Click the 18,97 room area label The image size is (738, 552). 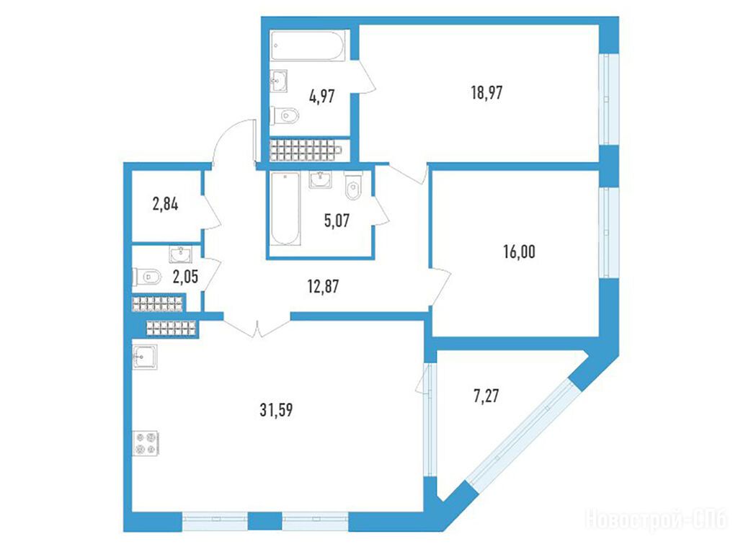coord(486,93)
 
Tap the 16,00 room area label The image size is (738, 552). coord(519,252)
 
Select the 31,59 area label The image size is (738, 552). coord(276,410)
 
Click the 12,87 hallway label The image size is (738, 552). coord(323,286)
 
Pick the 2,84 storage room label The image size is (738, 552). coord(165,205)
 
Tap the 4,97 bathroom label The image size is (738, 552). coord(322,97)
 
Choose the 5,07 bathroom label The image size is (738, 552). coord(337,221)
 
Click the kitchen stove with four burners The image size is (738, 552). coord(146,443)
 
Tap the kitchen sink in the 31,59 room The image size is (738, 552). coord(144,357)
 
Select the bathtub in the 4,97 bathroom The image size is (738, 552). coord(309,45)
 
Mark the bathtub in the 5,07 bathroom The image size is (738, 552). coord(285,208)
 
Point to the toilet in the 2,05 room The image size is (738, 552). coord(147,277)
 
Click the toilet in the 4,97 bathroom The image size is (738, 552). coord(285,115)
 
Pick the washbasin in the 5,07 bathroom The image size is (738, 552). coord(321,179)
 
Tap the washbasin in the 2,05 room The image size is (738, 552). coord(180,254)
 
